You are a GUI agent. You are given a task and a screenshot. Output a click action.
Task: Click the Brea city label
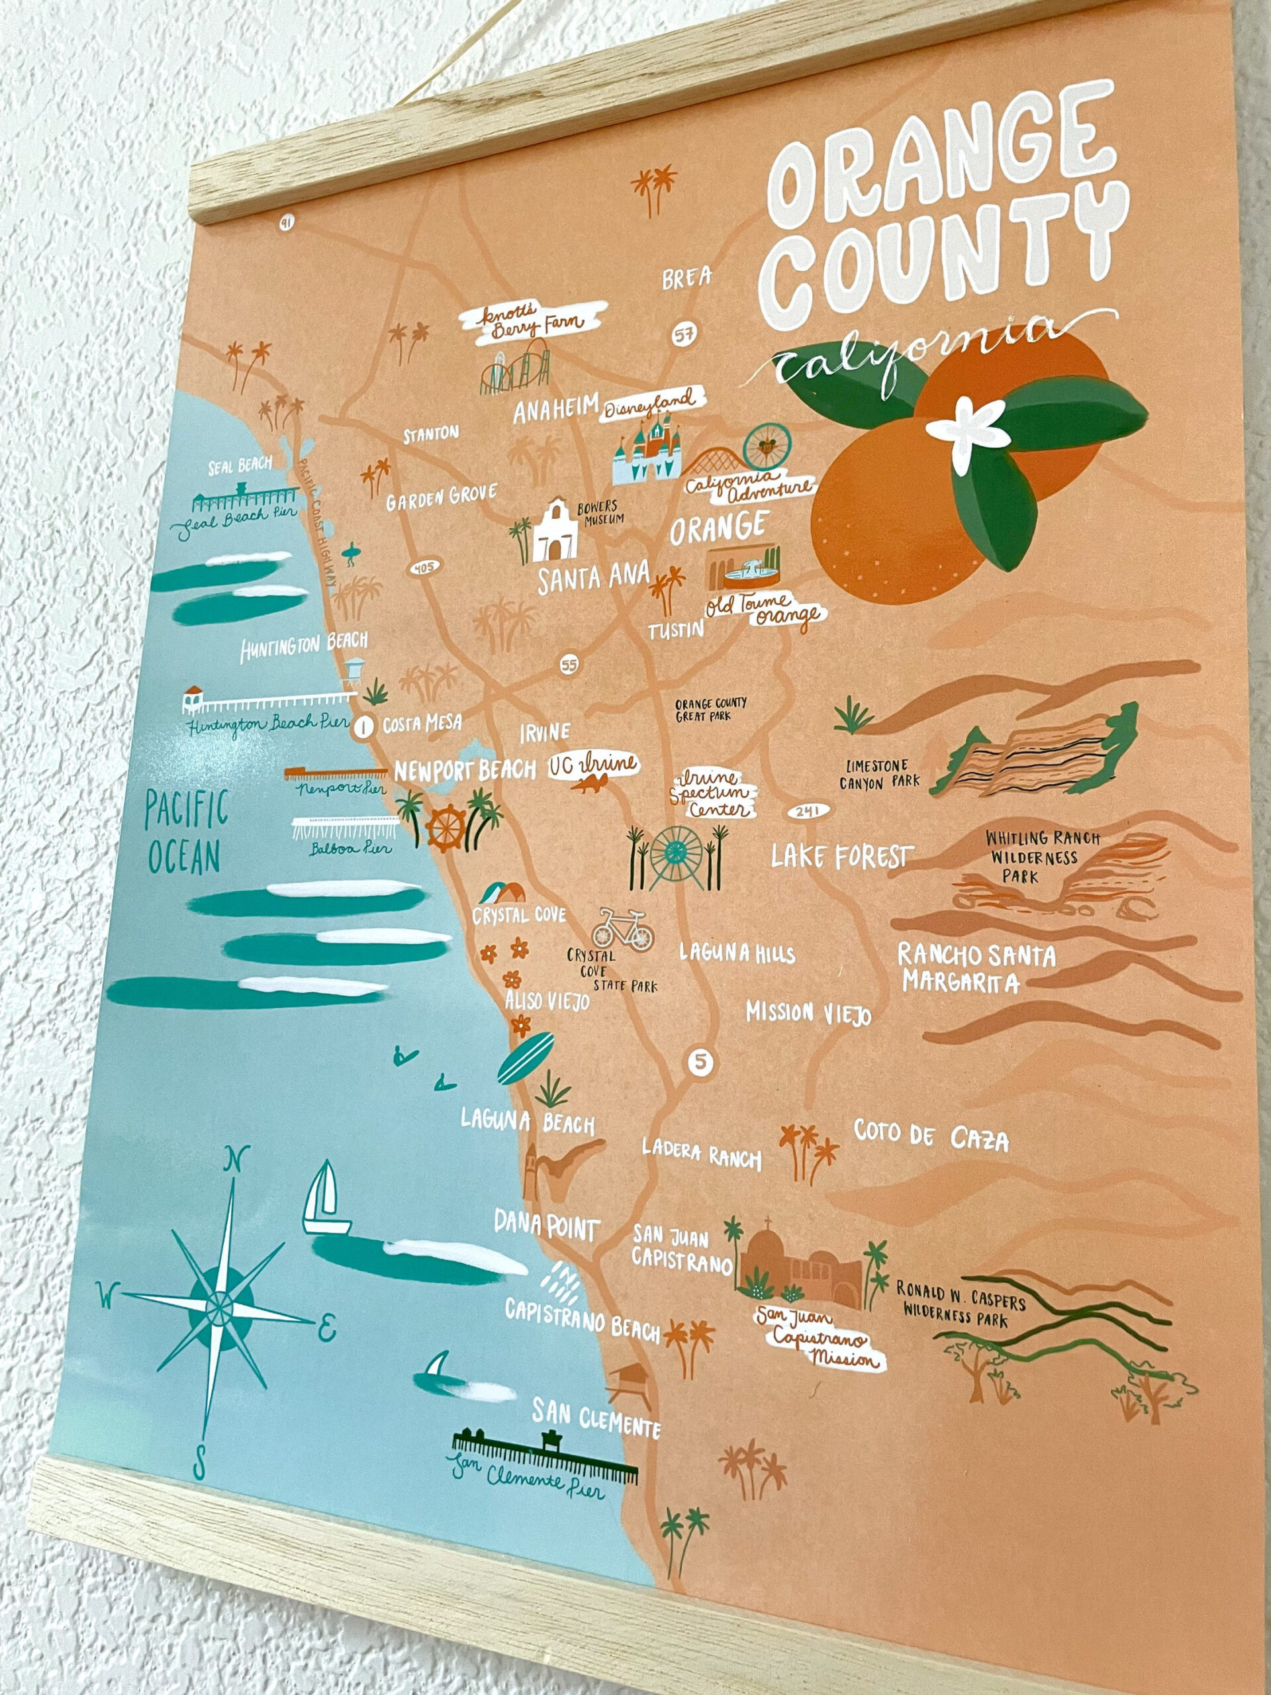pos(686,278)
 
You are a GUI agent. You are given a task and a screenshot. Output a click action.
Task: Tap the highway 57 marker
pos(685,335)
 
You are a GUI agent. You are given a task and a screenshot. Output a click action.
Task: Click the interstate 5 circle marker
pos(700,1061)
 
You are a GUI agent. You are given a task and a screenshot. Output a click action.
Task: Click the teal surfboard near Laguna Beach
pos(526,1057)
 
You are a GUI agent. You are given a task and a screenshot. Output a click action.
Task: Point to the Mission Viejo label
pos(808,1013)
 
